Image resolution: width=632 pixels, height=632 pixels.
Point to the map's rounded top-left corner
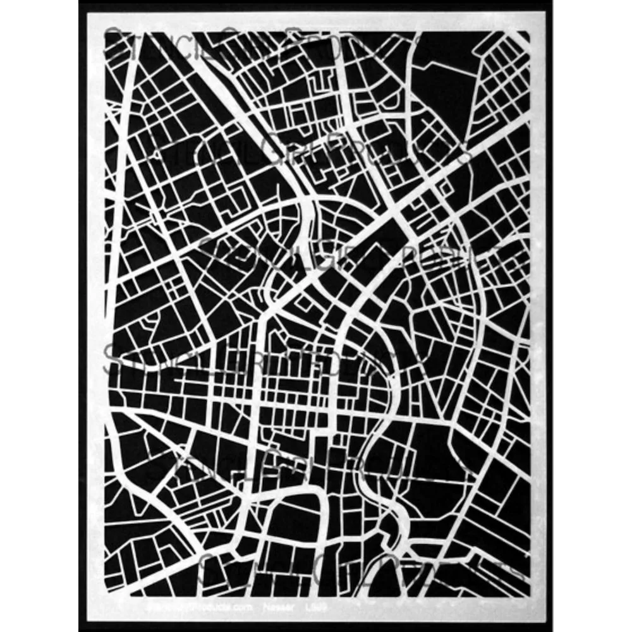tap(109, 35)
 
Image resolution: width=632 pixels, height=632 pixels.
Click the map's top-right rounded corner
tap(526, 35)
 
